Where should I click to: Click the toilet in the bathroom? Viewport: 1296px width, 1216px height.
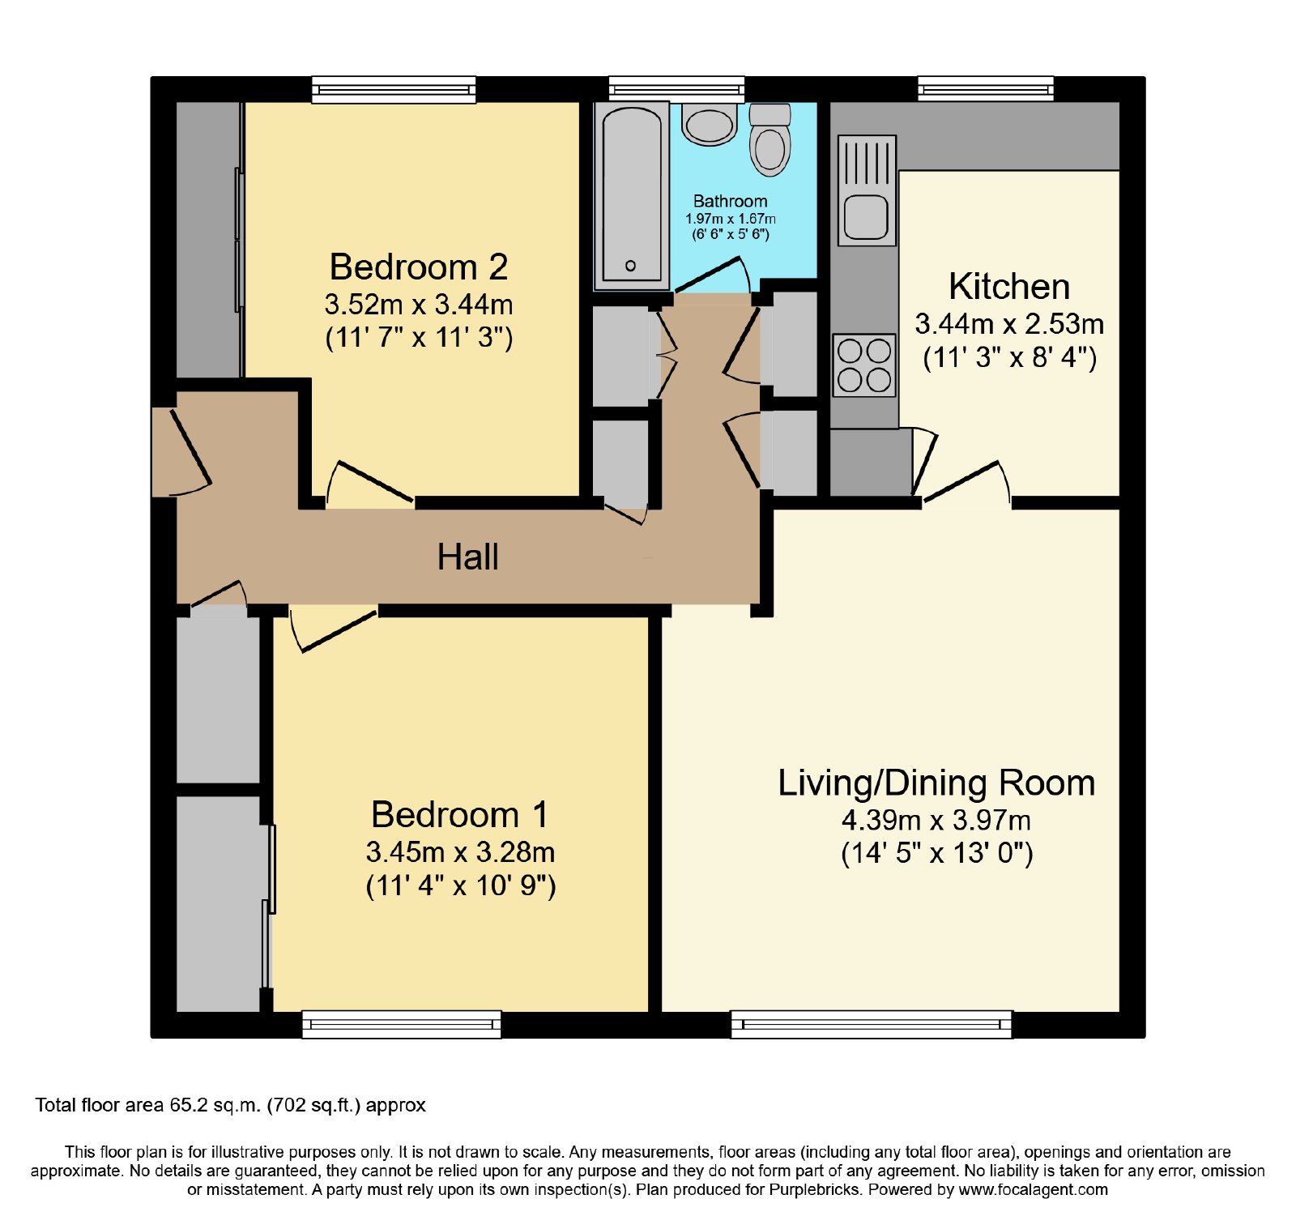pyautogui.click(x=769, y=139)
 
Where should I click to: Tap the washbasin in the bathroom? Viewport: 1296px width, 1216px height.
pyautogui.click(x=710, y=124)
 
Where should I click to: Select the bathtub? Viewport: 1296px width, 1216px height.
pyautogui.click(x=632, y=195)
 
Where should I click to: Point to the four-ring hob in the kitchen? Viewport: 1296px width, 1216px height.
pyautogui.click(x=864, y=365)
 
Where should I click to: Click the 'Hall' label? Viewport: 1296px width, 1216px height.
pyautogui.click(x=467, y=557)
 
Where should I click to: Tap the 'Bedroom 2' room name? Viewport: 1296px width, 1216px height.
pyautogui.click(x=419, y=267)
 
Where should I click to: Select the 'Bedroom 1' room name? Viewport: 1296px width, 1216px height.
pyautogui.click(x=459, y=814)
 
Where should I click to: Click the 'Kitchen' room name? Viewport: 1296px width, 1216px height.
pyautogui.click(x=1009, y=286)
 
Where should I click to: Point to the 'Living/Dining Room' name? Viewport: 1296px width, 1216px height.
pyautogui.click(x=936, y=783)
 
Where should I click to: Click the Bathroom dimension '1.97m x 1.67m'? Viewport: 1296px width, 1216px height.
pyautogui.click(x=730, y=219)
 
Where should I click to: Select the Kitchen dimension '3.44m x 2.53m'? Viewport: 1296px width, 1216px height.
pyautogui.click(x=1009, y=324)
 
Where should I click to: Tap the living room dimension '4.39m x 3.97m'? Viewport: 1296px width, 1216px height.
pyautogui.click(x=936, y=821)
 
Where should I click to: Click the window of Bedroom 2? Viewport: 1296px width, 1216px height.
pyautogui.click(x=394, y=89)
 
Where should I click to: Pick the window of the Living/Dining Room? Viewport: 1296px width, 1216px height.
pyautogui.click(x=872, y=1024)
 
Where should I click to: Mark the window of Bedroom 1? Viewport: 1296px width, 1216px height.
pyautogui.click(x=402, y=1024)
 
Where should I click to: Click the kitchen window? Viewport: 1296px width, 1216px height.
pyautogui.click(x=986, y=88)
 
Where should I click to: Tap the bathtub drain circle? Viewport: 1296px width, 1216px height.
pyautogui.click(x=631, y=265)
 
